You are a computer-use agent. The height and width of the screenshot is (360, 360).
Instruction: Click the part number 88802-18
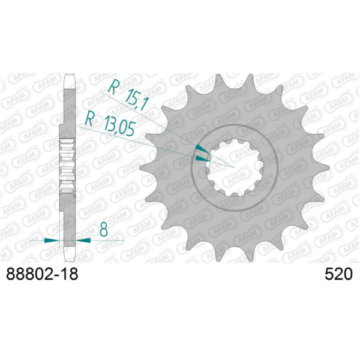(42, 274)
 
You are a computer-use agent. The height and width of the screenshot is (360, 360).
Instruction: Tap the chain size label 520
(338, 274)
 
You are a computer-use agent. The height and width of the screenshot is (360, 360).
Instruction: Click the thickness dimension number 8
(104, 229)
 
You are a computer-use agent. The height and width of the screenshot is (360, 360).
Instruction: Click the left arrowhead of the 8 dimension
(52, 241)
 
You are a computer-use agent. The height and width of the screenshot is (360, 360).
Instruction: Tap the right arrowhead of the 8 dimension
(83, 241)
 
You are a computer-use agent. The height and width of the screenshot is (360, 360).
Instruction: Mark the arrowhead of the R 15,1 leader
(202, 149)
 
